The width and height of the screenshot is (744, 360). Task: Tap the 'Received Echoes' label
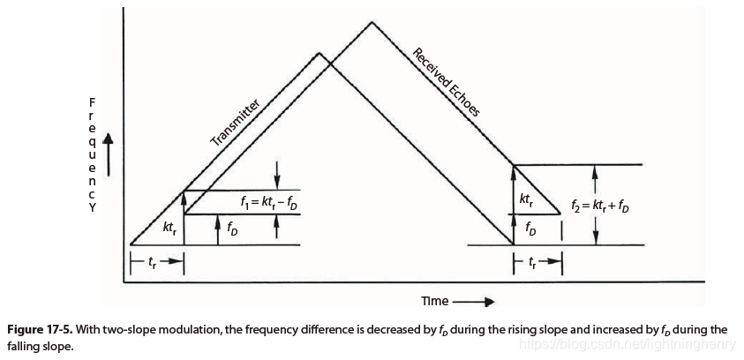point(446,83)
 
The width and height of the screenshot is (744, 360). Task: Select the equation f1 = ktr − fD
point(269,202)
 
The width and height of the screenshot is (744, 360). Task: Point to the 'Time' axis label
point(434,301)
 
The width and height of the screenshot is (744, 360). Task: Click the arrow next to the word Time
point(472,301)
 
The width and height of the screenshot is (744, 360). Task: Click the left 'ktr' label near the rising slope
point(170,228)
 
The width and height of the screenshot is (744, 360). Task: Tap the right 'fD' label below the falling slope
point(529,229)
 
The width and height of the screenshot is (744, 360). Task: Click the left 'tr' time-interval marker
point(156,261)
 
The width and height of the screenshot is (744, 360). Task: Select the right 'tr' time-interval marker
point(537,261)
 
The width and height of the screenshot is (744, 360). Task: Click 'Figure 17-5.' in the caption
point(40,330)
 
